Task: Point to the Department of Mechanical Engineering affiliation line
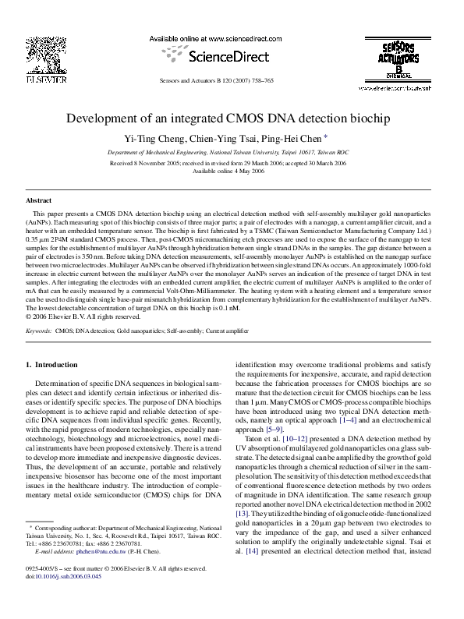coord(232,153)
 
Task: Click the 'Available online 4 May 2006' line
coord(232,171)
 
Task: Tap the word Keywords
coord(39,331)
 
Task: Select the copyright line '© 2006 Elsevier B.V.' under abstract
coord(83,317)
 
